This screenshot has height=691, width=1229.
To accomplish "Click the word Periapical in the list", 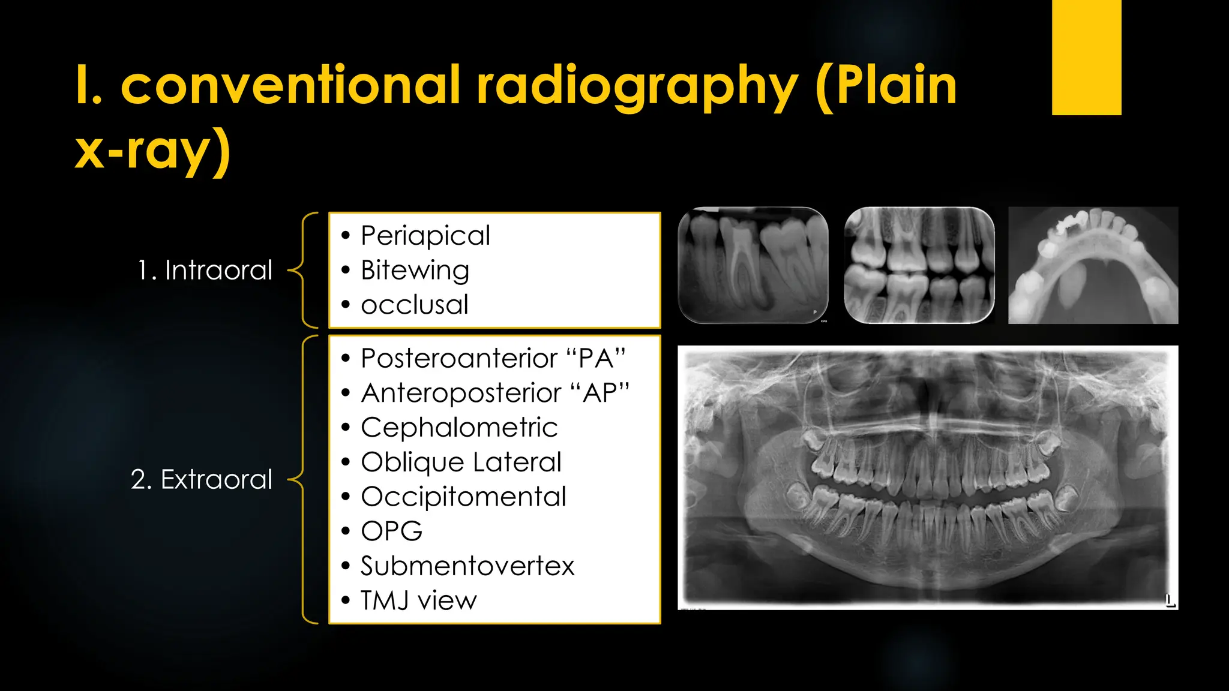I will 425,236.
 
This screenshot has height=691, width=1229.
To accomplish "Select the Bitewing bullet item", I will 415,271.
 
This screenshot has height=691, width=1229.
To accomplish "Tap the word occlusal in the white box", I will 414,305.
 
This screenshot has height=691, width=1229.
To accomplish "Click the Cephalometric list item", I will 459,428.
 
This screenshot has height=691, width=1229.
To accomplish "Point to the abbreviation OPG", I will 391,531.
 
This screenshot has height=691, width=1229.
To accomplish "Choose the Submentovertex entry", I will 467,566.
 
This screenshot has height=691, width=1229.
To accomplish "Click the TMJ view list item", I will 418,600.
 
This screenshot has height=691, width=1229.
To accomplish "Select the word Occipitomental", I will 463,497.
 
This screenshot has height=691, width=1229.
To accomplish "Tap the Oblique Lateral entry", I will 461,462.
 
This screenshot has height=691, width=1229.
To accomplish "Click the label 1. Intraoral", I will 205,271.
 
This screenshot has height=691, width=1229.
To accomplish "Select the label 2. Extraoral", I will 202,480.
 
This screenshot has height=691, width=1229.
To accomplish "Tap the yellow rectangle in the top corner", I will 1086,57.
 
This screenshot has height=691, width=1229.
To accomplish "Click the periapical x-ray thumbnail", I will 753,265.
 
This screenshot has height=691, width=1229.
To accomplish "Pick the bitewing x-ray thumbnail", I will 919,265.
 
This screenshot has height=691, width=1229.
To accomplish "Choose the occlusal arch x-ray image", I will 1093,265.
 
